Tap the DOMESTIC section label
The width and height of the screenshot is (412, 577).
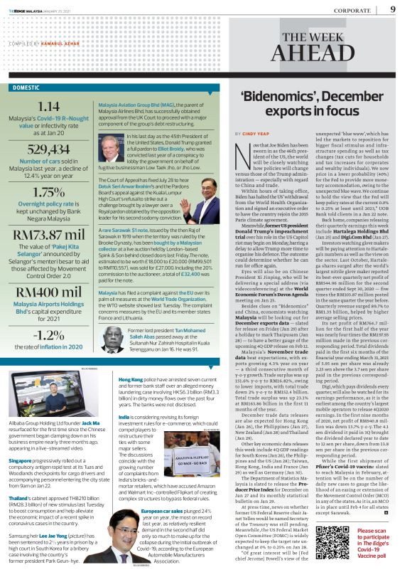(x=26, y=88)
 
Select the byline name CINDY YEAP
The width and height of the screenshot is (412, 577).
(x=249, y=133)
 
